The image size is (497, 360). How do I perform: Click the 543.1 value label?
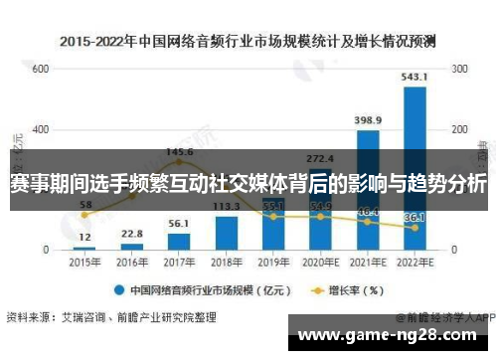414,76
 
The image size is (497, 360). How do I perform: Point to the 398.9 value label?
368,120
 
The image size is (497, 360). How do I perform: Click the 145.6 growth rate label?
179,152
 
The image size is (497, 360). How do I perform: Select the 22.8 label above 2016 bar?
131,234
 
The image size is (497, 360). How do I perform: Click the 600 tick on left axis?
41,70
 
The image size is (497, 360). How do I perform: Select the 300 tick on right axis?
460,70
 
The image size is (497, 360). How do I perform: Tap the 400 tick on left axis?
41,129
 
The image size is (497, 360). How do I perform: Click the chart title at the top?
248,43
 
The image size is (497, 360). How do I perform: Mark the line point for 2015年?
83,215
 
